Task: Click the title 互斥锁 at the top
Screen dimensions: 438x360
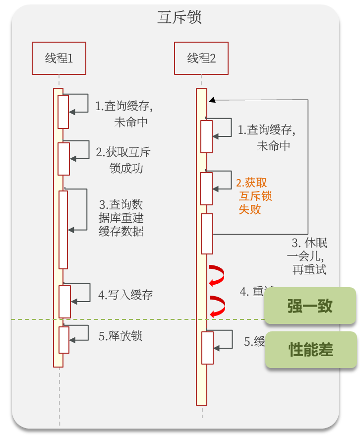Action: pyautogui.click(x=180, y=17)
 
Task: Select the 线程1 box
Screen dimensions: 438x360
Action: pyautogui.click(x=59, y=59)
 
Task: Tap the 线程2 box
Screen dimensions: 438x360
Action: pyautogui.click(x=201, y=59)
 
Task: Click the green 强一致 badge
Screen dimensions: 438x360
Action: pyautogui.click(x=310, y=306)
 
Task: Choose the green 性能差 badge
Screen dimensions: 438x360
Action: pyautogui.click(x=311, y=350)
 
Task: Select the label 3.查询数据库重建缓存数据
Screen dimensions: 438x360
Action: pyautogui.click(x=121, y=218)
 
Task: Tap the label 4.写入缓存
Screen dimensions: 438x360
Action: pyautogui.click(x=125, y=295)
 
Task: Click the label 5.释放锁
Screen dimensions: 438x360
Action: pyautogui.click(x=120, y=336)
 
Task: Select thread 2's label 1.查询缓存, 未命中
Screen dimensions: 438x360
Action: pyautogui.click(x=265, y=138)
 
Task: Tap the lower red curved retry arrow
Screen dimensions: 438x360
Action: pyautogui.click(x=216, y=306)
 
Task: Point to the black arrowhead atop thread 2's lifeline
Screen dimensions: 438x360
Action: pyautogui.click(x=212, y=100)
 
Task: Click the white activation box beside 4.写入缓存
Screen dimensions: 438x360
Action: pyautogui.click(x=65, y=302)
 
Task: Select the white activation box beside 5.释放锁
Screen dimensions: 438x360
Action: pyautogui.click(x=63, y=340)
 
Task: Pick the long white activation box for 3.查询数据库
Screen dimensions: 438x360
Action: pyautogui.click(x=63, y=230)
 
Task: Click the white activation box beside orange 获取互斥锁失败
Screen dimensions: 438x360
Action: pyautogui.click(x=206, y=188)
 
